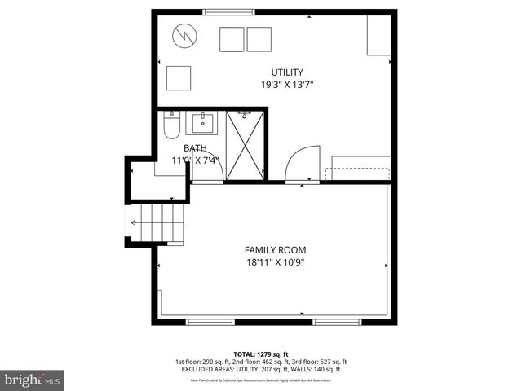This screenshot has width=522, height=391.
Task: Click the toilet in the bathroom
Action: [170, 125]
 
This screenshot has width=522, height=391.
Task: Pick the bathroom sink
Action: [201, 124]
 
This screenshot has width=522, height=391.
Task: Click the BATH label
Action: [195, 148]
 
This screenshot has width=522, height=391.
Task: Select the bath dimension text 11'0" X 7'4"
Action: [195, 160]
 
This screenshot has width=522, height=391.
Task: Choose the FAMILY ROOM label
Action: [276, 250]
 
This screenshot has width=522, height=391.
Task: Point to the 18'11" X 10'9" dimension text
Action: [276, 262]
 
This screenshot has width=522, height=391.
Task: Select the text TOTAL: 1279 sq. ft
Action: [261, 354]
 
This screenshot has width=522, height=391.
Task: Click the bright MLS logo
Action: [33, 380]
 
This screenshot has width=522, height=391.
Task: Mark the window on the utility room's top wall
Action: [228, 11]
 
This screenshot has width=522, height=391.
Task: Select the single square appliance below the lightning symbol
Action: [179, 78]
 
